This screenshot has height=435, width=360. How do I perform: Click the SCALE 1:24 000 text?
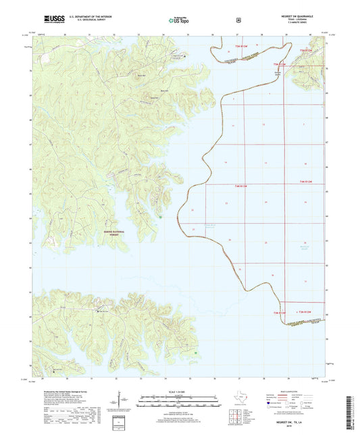pyautogui.click(x=179, y=390)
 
